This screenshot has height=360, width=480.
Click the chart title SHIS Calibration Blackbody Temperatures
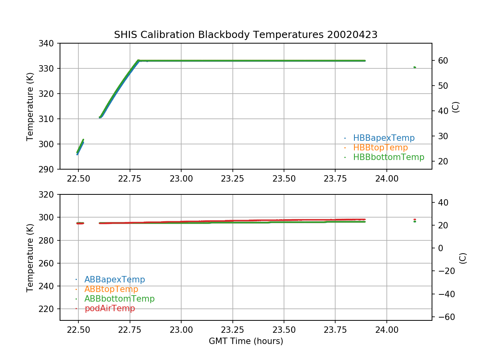pyautogui.click(x=246, y=35)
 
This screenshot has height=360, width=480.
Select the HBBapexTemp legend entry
pyautogui.click(x=384, y=138)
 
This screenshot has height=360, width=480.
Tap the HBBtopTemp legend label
pyautogui.click(x=380, y=148)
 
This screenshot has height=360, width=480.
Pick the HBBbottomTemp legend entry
pyautogui.click(x=388, y=157)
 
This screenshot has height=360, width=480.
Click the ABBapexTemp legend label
pyautogui.click(x=114, y=280)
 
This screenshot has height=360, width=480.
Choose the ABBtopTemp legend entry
pyautogui.click(x=111, y=289)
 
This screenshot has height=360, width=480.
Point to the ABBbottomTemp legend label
pyautogui.click(x=119, y=299)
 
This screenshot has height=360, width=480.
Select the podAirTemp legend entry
pyautogui.click(x=110, y=308)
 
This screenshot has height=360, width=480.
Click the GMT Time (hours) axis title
pyautogui.click(x=246, y=341)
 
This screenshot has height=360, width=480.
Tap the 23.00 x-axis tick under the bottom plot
pyautogui.click(x=181, y=331)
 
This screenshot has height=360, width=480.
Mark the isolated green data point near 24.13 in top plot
pyautogui.click(x=415, y=67)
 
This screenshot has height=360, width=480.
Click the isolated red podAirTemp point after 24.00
pyautogui.click(x=415, y=219)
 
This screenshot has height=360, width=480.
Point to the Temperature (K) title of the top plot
pyautogui.click(x=30, y=106)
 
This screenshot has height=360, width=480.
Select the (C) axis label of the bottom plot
pyautogui.click(x=463, y=258)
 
